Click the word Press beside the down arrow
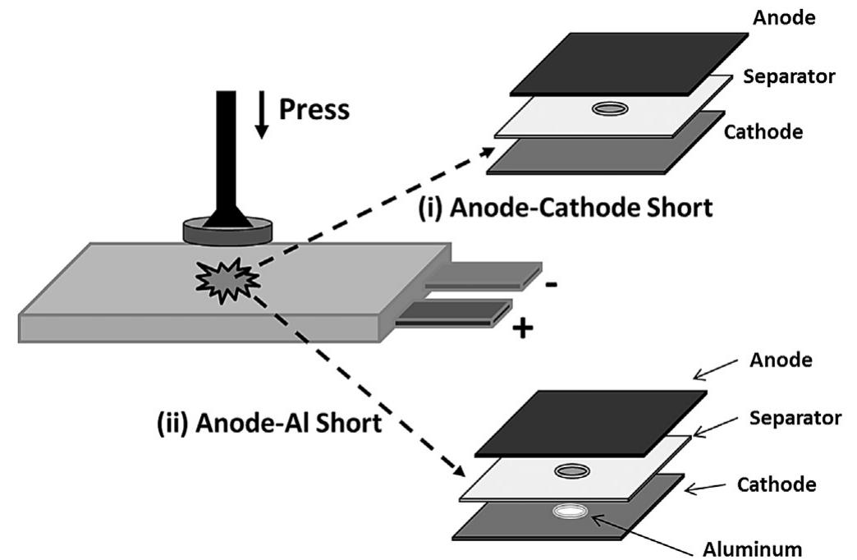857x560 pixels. click(x=314, y=108)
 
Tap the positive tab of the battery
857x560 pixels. click(x=452, y=315)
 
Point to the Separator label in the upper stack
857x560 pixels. click(x=789, y=76)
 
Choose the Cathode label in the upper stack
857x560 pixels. click(x=762, y=131)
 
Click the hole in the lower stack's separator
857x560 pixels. click(x=572, y=471)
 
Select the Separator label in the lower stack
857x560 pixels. click(x=795, y=418)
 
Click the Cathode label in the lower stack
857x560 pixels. click(x=776, y=484)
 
